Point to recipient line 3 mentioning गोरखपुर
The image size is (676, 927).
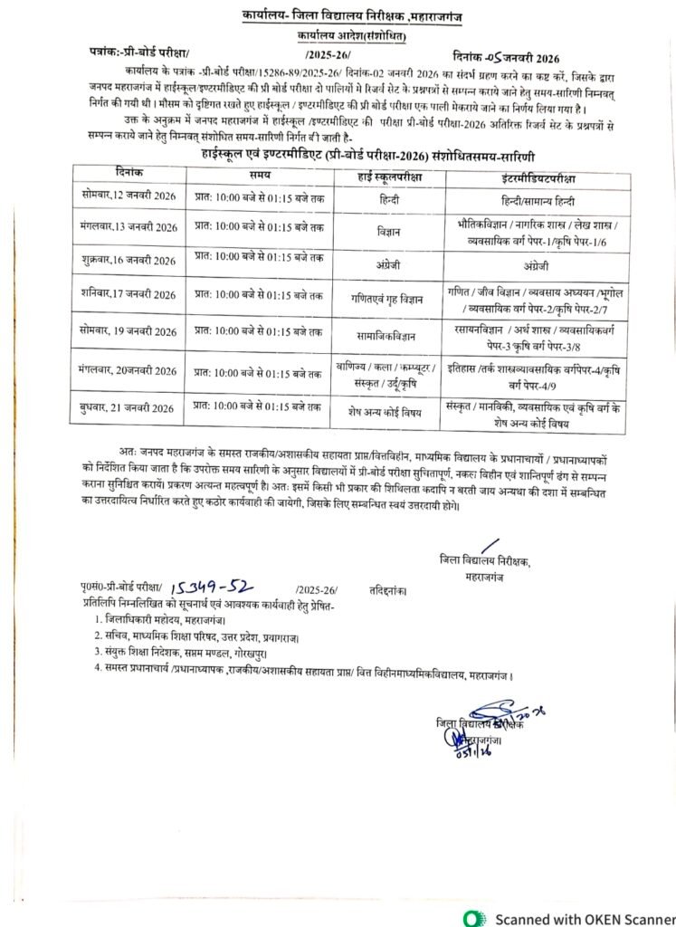tap(227, 650)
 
